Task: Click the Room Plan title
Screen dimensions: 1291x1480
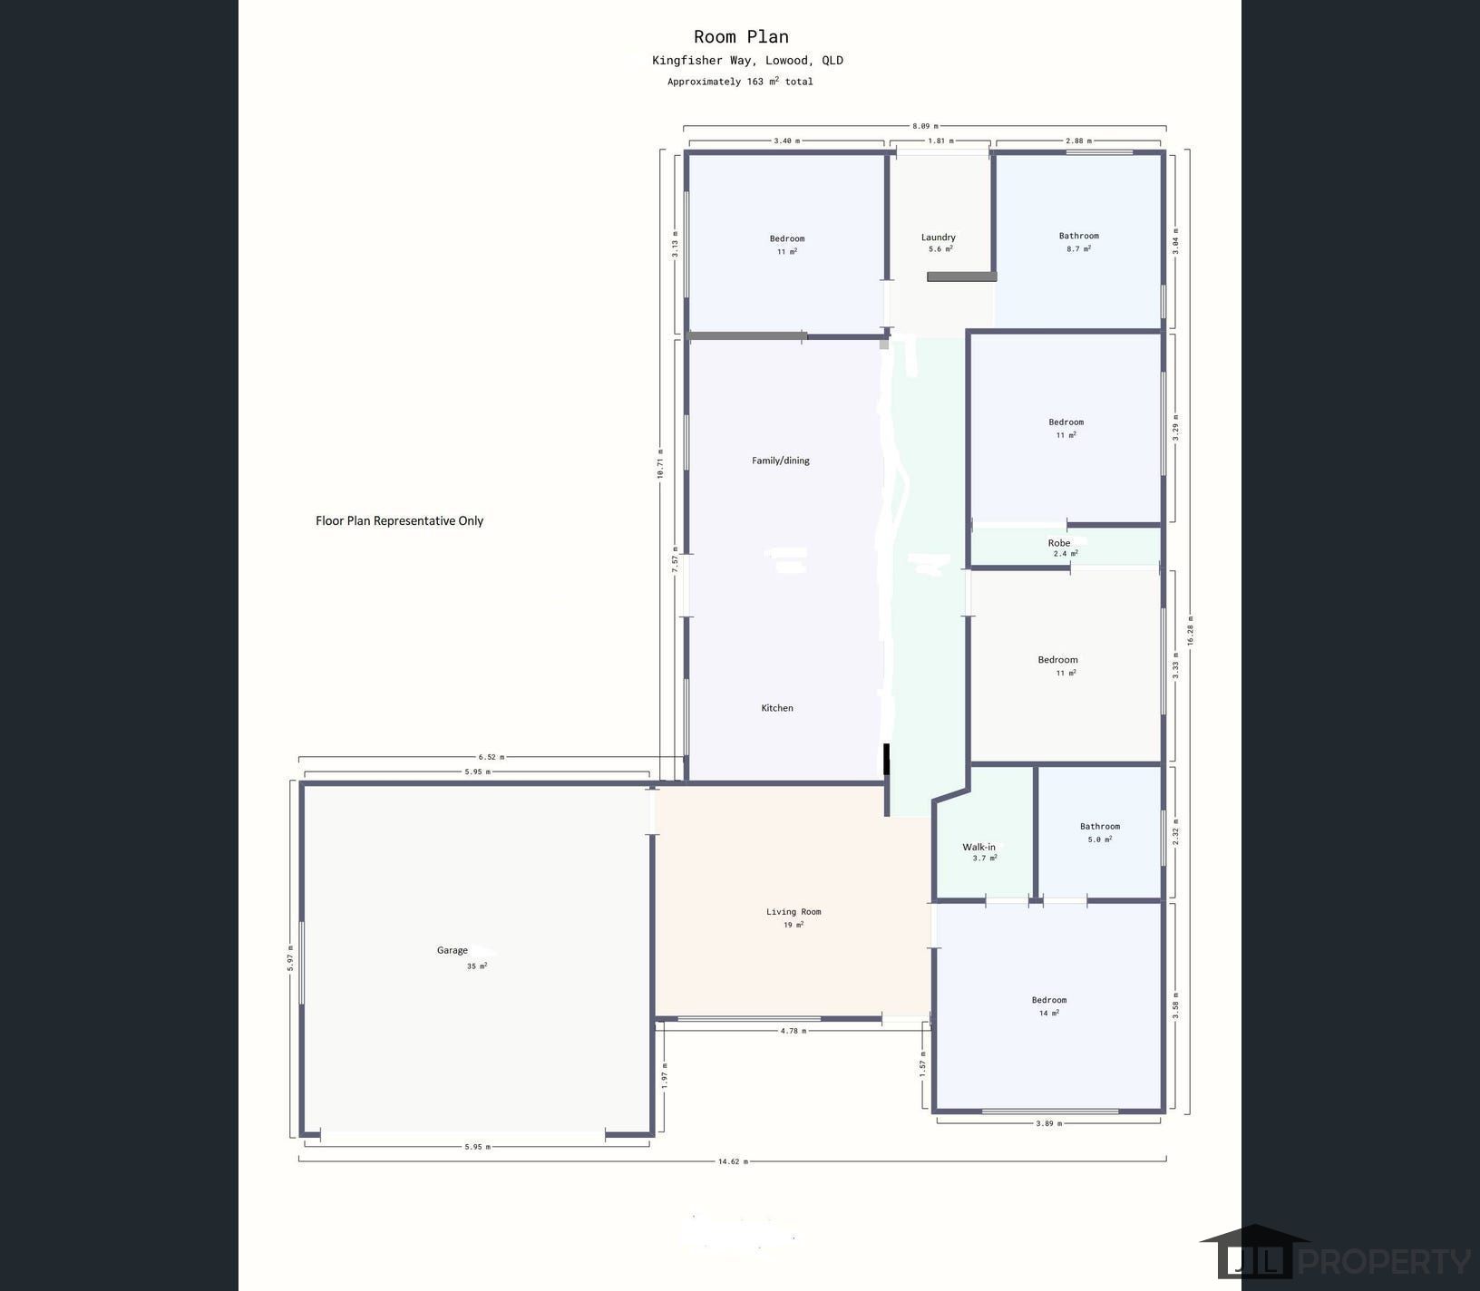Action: coord(741,37)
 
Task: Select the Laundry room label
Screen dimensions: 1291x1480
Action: coord(939,238)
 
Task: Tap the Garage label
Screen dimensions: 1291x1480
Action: coord(453,950)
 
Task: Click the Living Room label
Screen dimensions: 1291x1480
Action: coord(794,912)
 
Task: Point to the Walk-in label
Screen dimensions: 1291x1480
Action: coord(979,847)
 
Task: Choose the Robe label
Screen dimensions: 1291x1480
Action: coord(1059,543)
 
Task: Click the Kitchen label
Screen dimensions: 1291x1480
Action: coord(777,708)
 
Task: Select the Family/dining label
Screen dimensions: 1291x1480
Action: coord(781,461)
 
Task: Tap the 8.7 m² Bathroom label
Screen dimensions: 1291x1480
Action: coord(1078,237)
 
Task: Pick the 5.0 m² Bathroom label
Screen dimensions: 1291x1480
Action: coord(1099,827)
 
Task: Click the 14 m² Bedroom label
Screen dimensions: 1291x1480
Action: coord(1049,1001)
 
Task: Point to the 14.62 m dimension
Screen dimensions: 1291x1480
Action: coord(733,1161)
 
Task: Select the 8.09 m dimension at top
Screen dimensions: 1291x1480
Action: coord(925,126)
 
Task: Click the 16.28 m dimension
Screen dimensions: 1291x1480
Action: coord(1191,629)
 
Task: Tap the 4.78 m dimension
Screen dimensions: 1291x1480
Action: coord(794,1031)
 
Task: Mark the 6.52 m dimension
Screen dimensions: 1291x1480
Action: coord(492,757)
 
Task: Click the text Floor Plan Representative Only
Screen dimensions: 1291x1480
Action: coord(399,520)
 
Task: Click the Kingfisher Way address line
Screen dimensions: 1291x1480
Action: coord(747,61)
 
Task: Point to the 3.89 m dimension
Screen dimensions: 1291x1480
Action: coord(1048,1123)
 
